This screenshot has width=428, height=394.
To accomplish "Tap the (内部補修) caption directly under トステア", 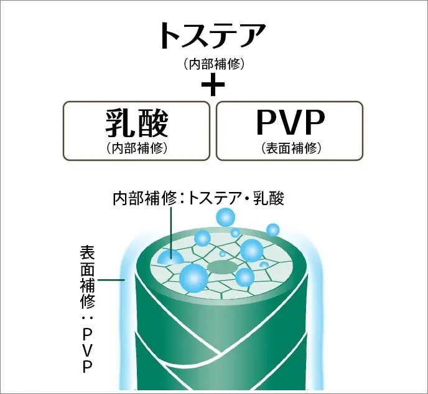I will click(x=213, y=64).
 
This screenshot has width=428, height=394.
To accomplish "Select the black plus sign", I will click(x=213, y=84).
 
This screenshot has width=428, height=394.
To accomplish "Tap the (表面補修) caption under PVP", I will click(x=290, y=148).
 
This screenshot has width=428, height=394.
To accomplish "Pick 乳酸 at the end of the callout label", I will click(x=269, y=199).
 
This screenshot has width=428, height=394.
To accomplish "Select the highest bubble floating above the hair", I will click(x=225, y=218).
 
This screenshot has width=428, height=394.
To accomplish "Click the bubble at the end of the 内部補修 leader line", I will click(x=170, y=257).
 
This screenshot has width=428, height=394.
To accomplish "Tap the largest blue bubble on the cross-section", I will click(x=193, y=277).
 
